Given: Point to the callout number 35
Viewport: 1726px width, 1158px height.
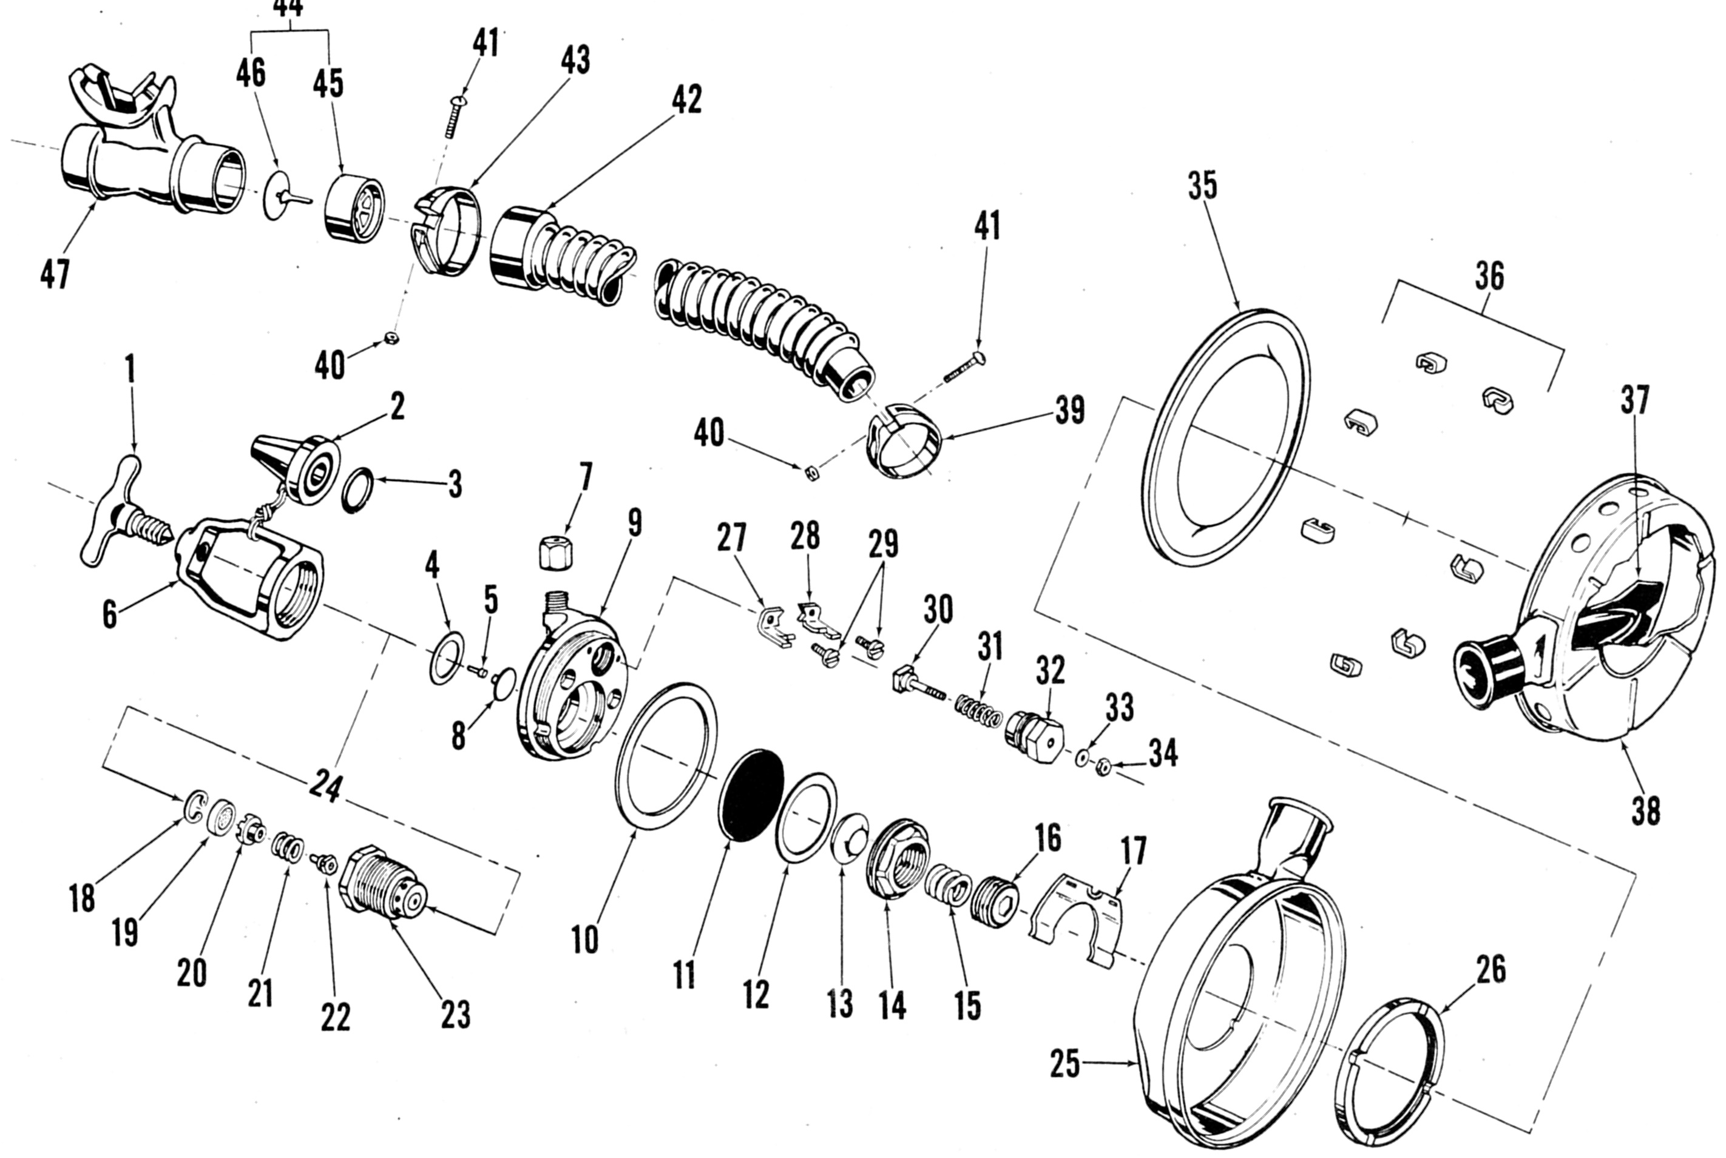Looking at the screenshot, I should pyautogui.click(x=1202, y=186).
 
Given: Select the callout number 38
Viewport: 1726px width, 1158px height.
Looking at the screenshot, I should pyautogui.click(x=1645, y=810).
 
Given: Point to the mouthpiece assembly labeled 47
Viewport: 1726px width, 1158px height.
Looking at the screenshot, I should pyautogui.click(x=147, y=163).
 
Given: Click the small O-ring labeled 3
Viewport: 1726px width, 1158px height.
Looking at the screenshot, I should pyautogui.click(x=358, y=490).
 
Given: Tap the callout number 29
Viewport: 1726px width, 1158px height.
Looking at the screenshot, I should pyautogui.click(x=883, y=544).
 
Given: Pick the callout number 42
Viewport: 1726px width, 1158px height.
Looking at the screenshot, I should pyautogui.click(x=686, y=99).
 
